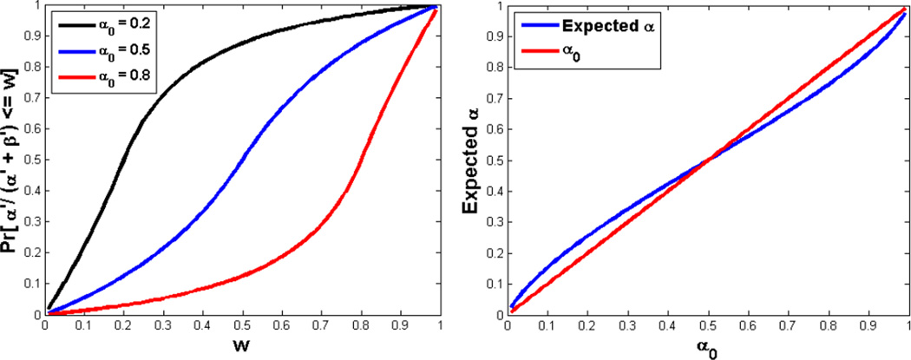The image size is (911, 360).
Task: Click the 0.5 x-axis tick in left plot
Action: [242, 328]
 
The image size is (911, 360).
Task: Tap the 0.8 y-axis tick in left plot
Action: [32, 67]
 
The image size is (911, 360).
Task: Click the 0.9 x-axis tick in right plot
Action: [868, 328]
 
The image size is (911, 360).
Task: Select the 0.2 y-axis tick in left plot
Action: [32, 253]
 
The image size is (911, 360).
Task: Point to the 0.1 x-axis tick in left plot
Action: [84, 328]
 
